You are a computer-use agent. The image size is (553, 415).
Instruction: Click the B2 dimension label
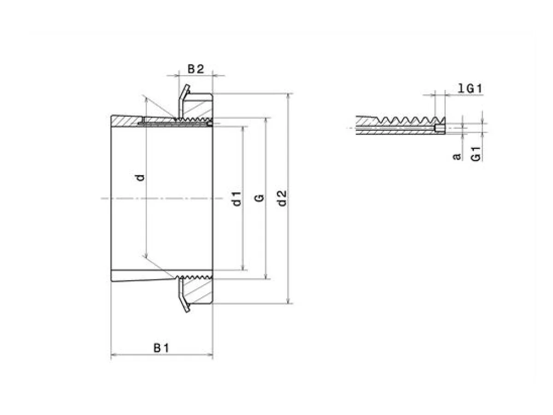point(195,69)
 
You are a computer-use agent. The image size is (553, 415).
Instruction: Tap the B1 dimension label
point(161,348)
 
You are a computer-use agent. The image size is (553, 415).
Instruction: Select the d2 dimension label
point(282,198)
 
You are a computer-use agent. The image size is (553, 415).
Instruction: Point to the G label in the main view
point(259,198)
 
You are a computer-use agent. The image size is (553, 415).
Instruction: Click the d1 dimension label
point(236,199)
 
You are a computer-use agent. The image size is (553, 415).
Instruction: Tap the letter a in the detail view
point(457,157)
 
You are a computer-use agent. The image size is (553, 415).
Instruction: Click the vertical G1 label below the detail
point(476,154)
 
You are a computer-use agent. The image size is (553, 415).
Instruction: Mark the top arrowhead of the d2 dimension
point(289,96)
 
